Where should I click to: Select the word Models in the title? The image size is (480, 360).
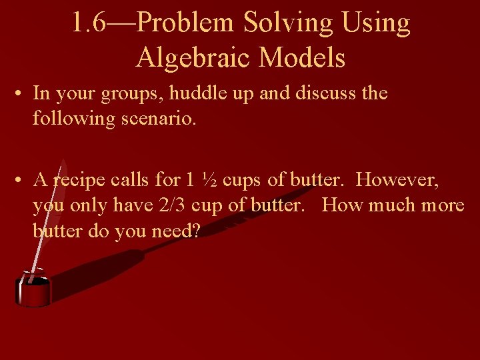coord(302,58)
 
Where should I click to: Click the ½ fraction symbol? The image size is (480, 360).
coord(208,180)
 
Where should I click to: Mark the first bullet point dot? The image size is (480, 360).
coord(20,94)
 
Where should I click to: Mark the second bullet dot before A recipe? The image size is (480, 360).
coord(20,181)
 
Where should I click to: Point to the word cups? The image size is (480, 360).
coord(241,180)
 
